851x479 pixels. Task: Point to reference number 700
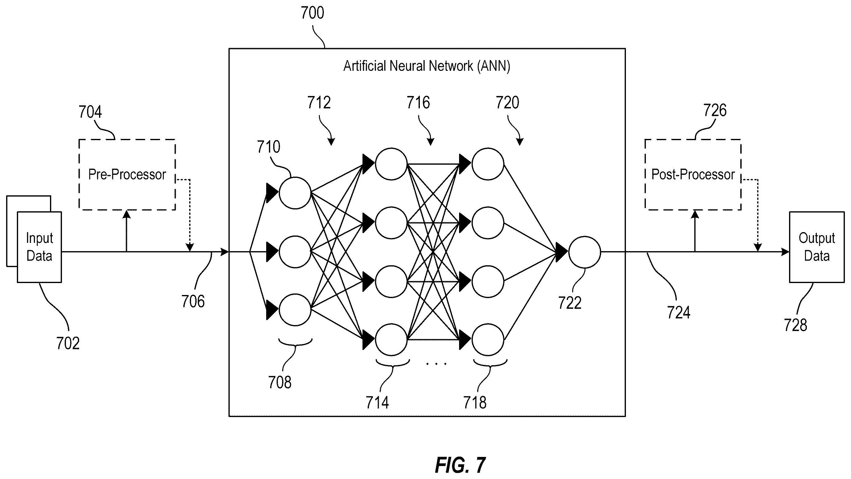point(312,13)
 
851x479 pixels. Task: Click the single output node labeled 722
point(585,252)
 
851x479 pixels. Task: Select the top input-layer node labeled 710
point(295,193)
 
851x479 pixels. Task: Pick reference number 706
point(193,301)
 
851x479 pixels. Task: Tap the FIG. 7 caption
point(460,465)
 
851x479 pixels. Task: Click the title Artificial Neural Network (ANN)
point(427,66)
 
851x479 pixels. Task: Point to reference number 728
point(795,325)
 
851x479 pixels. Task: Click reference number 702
point(68,343)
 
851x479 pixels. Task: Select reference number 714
point(377,403)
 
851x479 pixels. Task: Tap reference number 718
point(475,403)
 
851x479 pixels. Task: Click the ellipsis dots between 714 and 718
point(436,364)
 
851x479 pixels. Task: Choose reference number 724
point(679,312)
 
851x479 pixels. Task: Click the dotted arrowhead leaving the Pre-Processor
point(190,248)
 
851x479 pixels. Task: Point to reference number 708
point(280,382)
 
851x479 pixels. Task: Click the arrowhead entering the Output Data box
point(785,252)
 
